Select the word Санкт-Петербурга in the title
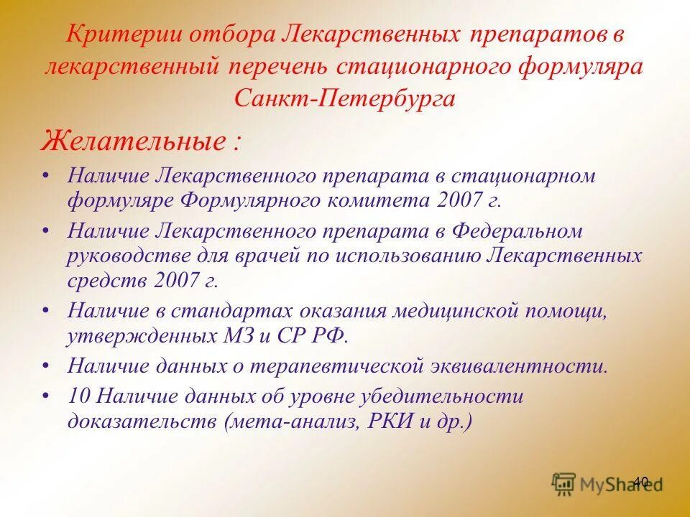point(344,98)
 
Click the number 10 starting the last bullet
point(78,396)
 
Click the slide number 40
point(641,482)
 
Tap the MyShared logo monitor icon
point(563,483)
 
